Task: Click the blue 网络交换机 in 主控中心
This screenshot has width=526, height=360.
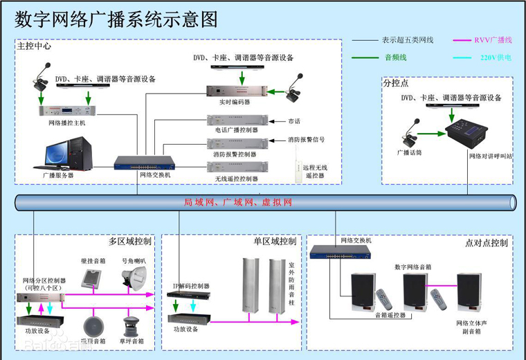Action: point(144,163)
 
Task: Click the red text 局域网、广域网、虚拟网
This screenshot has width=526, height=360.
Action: point(238,203)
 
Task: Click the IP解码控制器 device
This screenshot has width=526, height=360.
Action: point(183,294)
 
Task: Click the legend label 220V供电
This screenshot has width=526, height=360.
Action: point(496,58)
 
